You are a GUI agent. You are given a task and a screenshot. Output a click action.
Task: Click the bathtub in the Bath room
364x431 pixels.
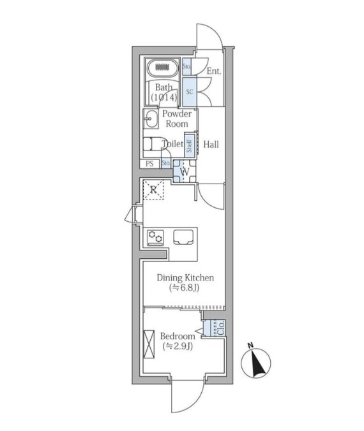point(162,68)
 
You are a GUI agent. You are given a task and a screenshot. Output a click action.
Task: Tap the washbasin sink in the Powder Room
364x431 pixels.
point(151,119)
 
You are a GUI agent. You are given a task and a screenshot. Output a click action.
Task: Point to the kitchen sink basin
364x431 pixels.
point(184,237)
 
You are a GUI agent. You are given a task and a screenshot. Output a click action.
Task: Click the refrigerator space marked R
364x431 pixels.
point(153,189)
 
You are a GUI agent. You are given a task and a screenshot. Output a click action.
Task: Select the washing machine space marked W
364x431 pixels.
point(185,172)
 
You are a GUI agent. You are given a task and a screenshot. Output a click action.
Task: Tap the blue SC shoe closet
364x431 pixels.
point(190,92)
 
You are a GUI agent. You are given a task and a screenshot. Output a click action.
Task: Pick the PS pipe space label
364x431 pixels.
point(149,164)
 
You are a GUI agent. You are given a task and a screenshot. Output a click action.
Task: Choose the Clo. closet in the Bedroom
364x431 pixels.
point(217,328)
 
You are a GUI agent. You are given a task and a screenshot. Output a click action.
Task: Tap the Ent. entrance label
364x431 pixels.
point(214,71)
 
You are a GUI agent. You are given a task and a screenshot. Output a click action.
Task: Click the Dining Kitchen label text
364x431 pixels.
point(185,278)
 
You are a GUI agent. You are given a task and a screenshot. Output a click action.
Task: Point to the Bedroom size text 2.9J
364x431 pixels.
point(178,346)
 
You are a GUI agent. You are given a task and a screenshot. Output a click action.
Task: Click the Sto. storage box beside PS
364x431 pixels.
point(165,163)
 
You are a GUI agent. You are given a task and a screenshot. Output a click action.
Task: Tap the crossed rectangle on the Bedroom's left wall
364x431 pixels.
point(149,344)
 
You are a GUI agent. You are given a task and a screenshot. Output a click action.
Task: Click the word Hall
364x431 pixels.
point(211,144)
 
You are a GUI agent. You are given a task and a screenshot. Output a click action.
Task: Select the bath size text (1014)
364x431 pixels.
point(164,97)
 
